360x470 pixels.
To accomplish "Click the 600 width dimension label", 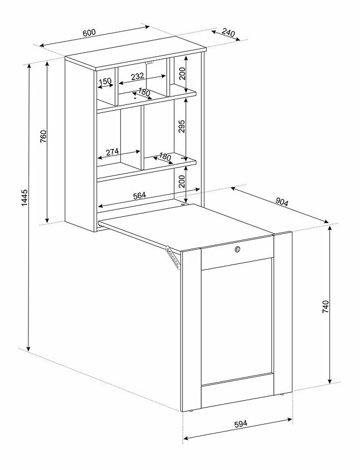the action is (x=89, y=33).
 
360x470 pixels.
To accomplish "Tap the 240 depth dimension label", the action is (x=228, y=33).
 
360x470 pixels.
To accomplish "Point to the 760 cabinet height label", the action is (x=44, y=136).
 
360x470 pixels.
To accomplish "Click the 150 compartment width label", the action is (x=105, y=81).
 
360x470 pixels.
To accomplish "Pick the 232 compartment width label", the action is (x=137, y=76).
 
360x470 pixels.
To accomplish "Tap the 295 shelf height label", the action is (x=182, y=126).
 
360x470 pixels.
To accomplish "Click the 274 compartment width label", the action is (x=112, y=152).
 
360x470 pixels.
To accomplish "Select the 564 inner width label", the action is (x=139, y=195).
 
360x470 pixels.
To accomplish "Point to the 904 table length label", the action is (x=282, y=202).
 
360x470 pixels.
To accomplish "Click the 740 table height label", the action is (x=325, y=307).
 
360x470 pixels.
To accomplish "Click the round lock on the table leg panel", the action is (x=238, y=249).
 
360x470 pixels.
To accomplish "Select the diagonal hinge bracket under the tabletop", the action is (x=174, y=257).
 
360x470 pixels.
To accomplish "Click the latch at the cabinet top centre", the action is (x=149, y=62).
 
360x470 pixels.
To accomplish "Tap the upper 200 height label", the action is (x=182, y=73).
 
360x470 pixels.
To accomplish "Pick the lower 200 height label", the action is (x=182, y=182).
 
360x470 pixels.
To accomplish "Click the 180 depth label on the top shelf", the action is (x=144, y=93).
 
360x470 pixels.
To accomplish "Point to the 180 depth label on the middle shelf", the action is (x=165, y=157).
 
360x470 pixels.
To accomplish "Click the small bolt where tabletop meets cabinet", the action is (x=183, y=205).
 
